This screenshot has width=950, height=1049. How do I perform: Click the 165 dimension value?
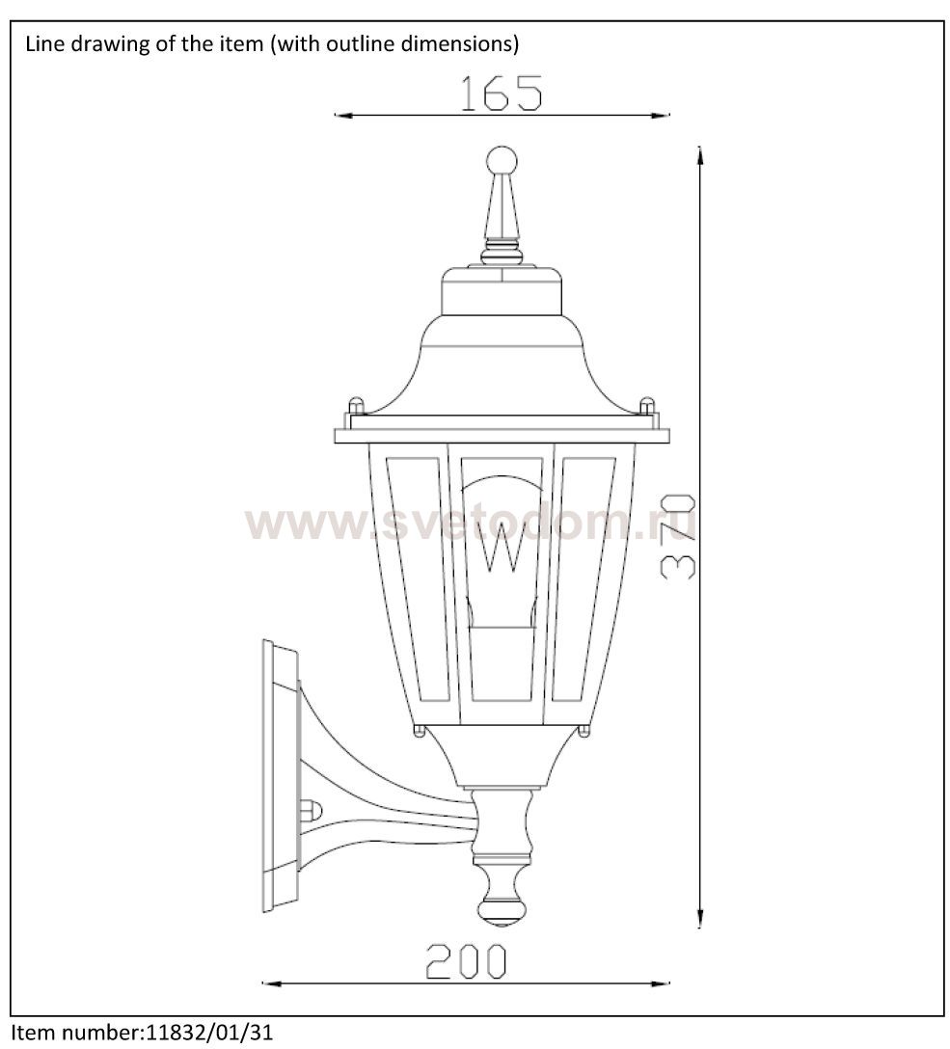point(502,93)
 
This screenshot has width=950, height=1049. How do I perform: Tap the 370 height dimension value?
point(677,537)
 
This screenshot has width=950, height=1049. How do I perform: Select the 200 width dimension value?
point(467,961)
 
